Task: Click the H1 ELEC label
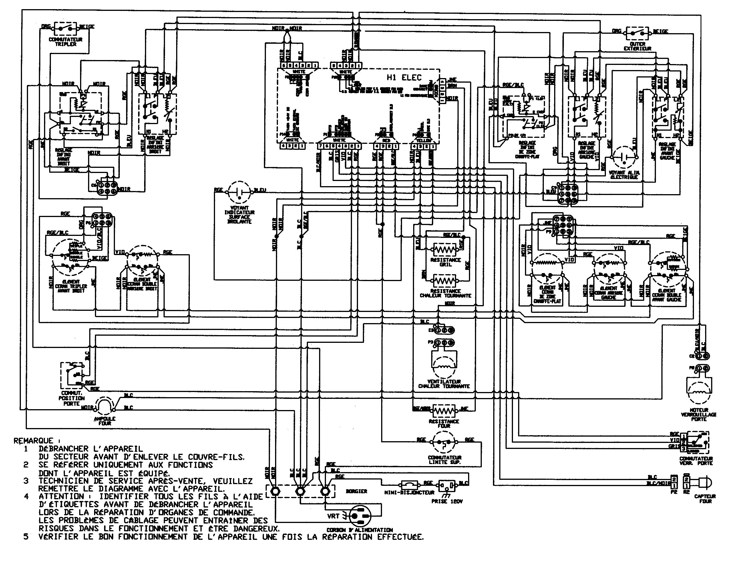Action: click(404, 78)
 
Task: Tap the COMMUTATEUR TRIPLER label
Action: click(65, 42)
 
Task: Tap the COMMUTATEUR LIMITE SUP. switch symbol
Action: click(444, 442)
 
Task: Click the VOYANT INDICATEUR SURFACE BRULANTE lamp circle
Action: click(239, 192)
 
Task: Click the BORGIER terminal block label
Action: click(356, 491)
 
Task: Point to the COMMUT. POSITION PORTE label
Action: click(71, 398)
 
